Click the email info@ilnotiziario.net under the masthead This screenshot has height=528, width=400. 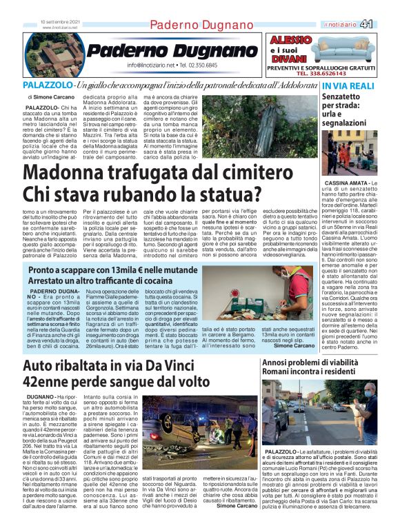pos(150,65)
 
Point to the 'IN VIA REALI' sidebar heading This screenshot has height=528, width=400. pos(368,85)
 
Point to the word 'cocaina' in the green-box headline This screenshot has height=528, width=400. pos(150,282)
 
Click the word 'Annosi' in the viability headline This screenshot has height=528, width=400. pos(277,363)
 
